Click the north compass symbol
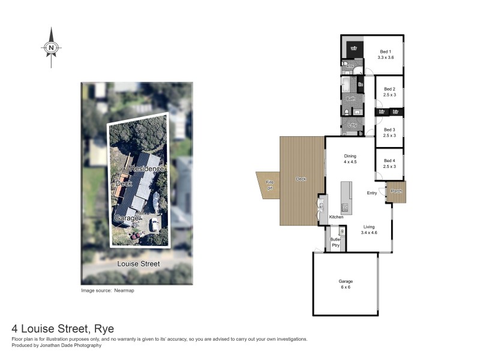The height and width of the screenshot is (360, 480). pos(52,47)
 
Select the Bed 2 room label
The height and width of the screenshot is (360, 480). pos(390,92)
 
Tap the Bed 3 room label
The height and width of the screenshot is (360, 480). pos(390,133)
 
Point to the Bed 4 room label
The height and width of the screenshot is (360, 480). pos(390,163)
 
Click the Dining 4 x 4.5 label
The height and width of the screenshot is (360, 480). pos(350,158)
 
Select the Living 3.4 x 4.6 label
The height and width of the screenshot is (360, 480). pos(369,229)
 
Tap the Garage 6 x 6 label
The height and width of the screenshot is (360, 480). pos(346,284)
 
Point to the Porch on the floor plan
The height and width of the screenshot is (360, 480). pos(396,191)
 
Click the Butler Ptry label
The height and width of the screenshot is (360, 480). pos(336,242)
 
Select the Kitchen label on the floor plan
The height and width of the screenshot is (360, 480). pos(336,217)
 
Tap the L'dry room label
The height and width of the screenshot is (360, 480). pos(352,125)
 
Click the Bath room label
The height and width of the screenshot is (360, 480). pos(350,98)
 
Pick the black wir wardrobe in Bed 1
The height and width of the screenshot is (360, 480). pos(354,48)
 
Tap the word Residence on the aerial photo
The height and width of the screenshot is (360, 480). pos(148,170)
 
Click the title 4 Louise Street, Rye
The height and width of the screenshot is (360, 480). pos(63,329)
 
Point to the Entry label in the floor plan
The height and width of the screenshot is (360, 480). pos(372,193)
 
